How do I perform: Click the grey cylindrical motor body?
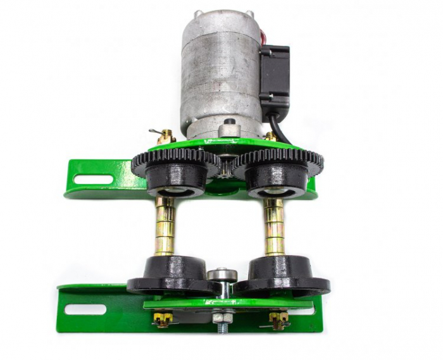(218, 73)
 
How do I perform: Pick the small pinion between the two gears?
(223, 169)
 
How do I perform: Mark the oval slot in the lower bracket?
(85, 309)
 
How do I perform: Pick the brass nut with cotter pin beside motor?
(168, 135)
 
